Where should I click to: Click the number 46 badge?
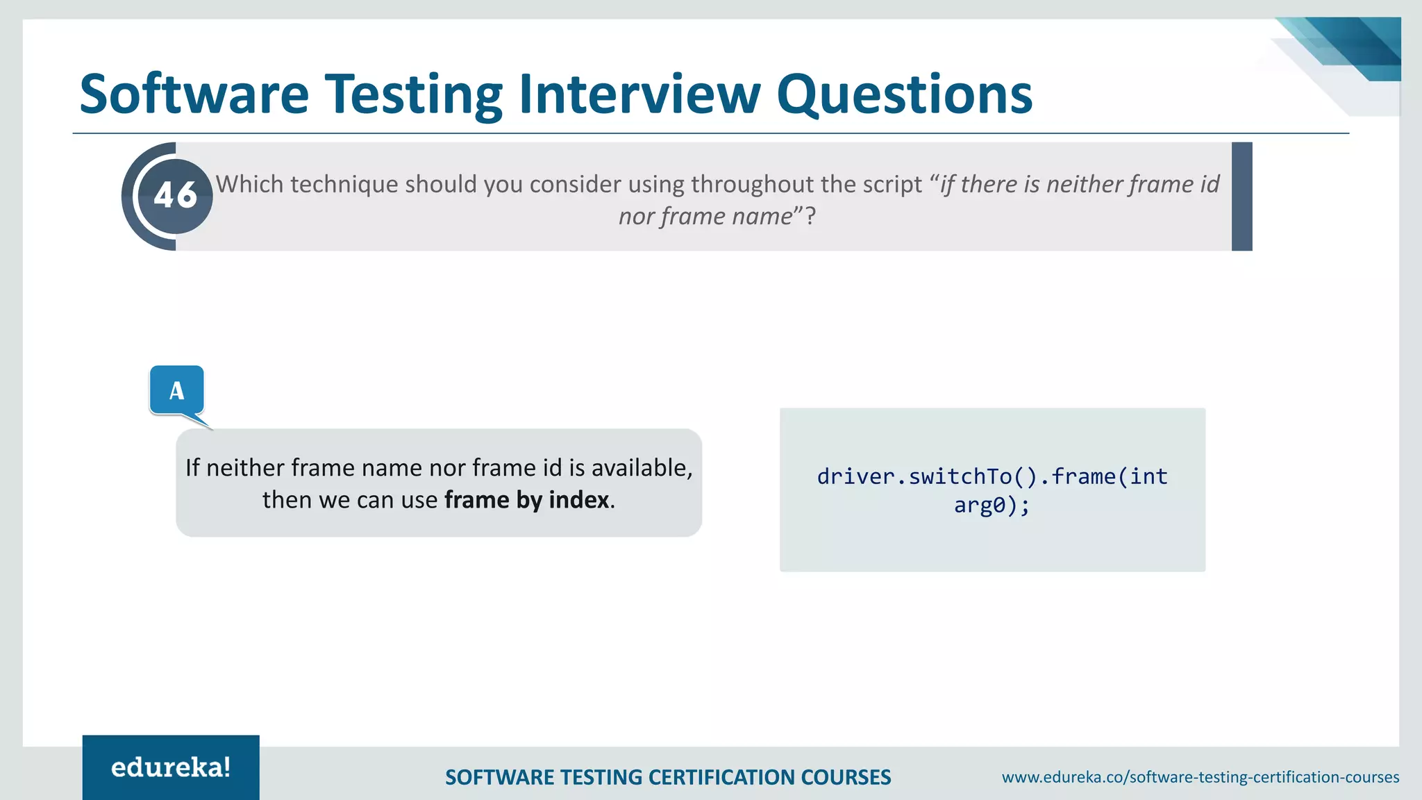click(176, 196)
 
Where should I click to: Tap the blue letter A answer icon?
click(177, 390)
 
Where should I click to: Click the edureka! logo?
click(171, 767)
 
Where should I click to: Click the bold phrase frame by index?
click(527, 500)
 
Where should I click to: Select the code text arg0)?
click(992, 505)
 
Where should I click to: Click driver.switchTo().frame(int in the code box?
click(992, 476)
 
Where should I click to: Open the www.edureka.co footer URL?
click(1200, 777)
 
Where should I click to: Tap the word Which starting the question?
click(249, 184)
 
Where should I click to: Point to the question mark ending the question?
click(810, 217)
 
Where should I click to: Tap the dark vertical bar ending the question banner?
click(1241, 196)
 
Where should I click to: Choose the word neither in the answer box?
click(246, 468)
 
